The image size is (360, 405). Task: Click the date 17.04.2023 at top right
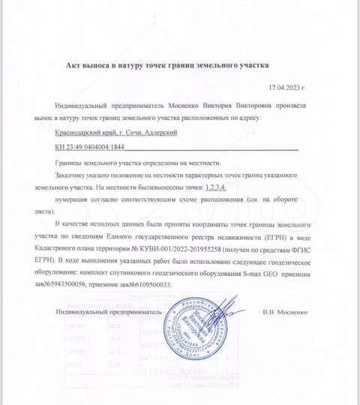click(x=286, y=88)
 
